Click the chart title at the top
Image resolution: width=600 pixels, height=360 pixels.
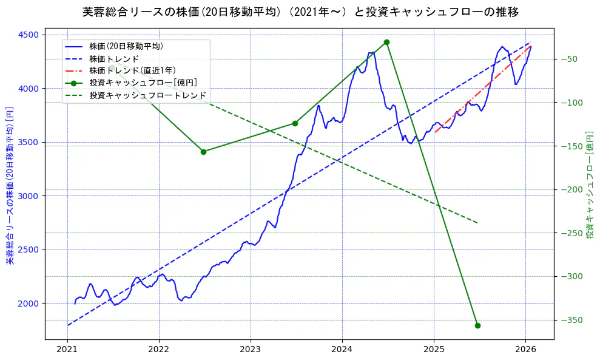[300, 12]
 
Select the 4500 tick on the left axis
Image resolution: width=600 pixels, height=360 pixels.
[30, 35]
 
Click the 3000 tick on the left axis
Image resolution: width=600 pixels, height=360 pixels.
[30, 196]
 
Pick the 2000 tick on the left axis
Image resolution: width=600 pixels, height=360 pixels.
[30, 304]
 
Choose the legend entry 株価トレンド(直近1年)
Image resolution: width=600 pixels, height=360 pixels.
[132, 70]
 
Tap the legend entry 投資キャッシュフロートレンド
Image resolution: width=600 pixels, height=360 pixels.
[147, 95]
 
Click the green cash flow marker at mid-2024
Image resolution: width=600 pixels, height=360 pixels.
[386, 42]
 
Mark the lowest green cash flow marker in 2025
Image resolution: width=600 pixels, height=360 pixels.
[477, 325]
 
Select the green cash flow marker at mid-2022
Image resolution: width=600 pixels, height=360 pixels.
[203, 152]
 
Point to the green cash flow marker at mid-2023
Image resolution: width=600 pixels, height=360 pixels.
[295, 123]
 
